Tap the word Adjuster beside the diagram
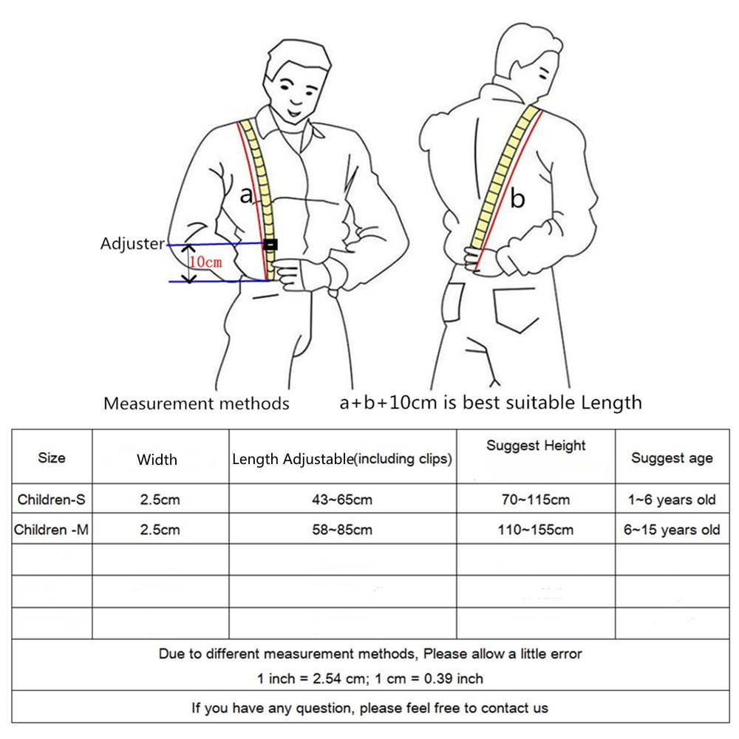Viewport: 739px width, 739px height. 132,243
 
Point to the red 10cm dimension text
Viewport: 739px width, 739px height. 205,262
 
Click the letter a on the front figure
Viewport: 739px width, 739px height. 247,194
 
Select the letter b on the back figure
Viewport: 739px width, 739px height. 518,198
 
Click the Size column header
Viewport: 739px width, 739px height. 52,457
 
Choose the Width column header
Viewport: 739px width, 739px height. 157,460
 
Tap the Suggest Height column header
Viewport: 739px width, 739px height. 536,446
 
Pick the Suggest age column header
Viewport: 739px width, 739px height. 672,458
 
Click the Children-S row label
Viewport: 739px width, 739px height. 52,500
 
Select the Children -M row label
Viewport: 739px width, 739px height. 52,530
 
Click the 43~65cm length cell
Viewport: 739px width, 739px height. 341,500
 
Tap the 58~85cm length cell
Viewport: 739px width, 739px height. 341,530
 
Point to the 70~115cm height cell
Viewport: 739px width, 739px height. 536,500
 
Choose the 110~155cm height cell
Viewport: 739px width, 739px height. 536,530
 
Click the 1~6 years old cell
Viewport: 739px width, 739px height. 672,500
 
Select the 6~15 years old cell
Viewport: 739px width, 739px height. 672,530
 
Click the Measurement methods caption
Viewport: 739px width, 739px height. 196,403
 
